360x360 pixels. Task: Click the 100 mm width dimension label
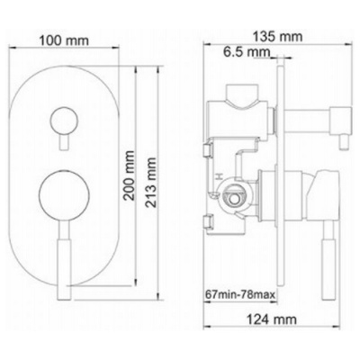click(x=64, y=40)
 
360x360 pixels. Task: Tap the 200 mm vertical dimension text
click(x=130, y=175)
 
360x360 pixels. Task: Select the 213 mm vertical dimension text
click(x=151, y=183)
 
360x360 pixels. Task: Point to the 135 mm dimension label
click(x=277, y=37)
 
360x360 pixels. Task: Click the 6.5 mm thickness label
click(x=247, y=52)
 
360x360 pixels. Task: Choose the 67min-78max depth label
click(x=240, y=294)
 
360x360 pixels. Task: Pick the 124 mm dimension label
click(x=272, y=319)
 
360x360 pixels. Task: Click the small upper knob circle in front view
click(x=64, y=121)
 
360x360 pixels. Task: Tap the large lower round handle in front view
click(x=64, y=194)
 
